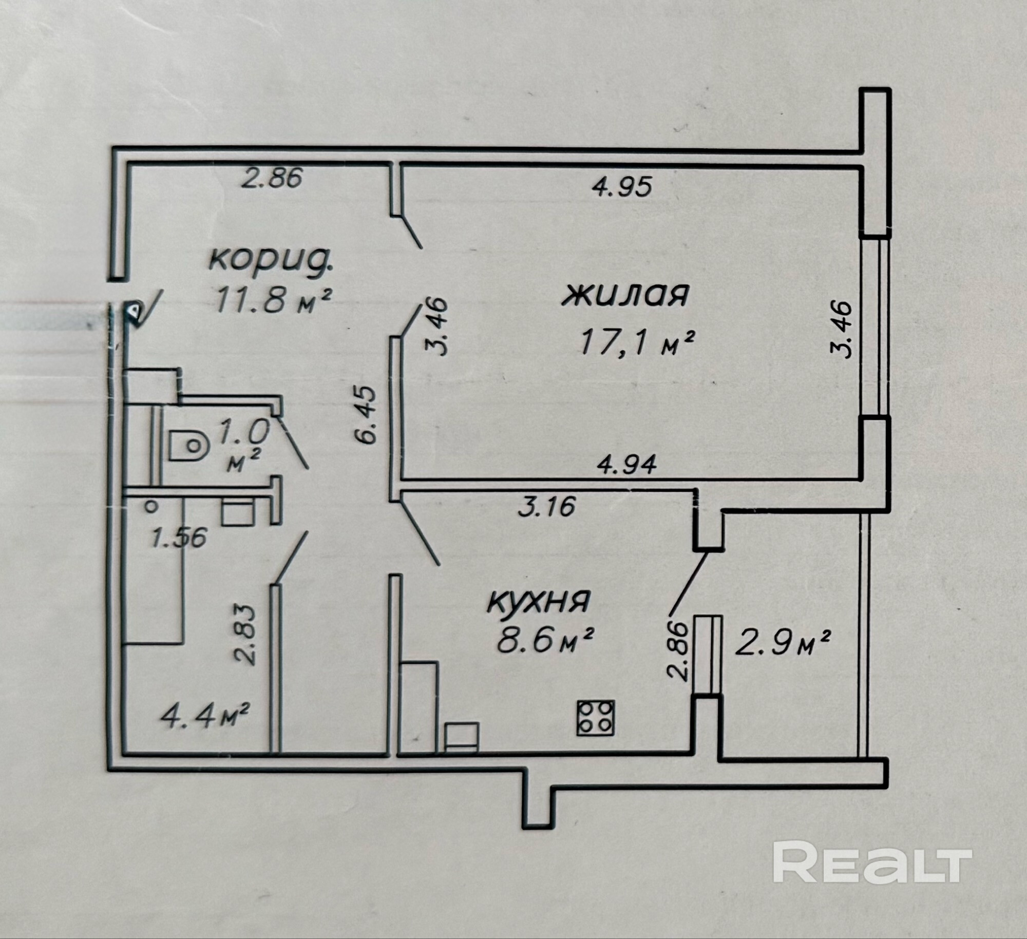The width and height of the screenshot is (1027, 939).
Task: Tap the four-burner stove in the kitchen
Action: tap(596, 718)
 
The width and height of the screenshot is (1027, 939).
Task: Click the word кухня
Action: tap(538, 602)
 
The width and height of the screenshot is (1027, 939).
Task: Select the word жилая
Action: tap(625, 295)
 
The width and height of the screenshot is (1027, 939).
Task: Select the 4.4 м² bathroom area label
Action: tap(205, 716)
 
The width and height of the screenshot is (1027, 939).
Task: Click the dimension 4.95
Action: tap(622, 187)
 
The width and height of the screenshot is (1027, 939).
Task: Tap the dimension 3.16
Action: tap(546, 507)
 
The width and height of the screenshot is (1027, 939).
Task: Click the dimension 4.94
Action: tap(627, 465)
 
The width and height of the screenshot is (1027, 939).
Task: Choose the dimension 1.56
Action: tap(179, 538)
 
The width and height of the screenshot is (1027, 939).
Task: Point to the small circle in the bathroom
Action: tap(151, 507)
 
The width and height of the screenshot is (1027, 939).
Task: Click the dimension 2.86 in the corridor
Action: tap(272, 179)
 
